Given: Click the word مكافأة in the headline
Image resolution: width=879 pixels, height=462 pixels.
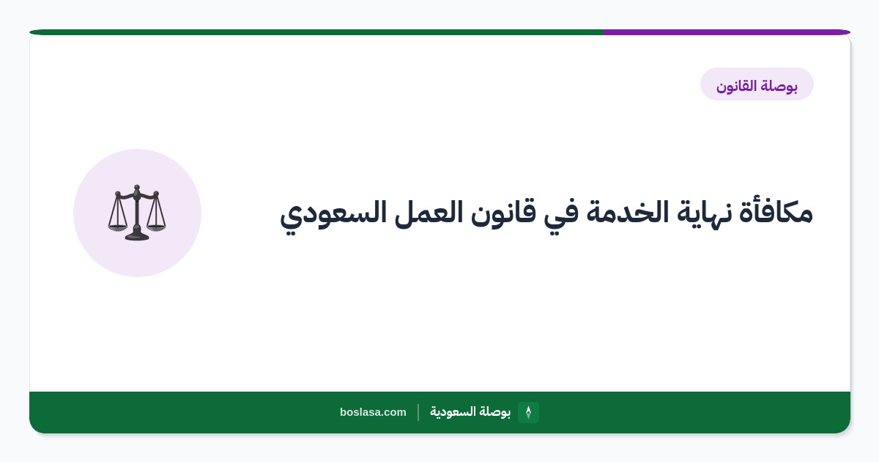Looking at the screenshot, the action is pyautogui.click(x=776, y=212).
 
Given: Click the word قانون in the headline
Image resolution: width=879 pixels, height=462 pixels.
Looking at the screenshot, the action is pyautogui.click(x=503, y=213).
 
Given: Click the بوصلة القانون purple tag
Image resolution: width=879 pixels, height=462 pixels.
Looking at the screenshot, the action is pyautogui.click(x=757, y=84).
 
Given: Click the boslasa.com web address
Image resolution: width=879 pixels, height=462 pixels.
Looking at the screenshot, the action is pyautogui.click(x=373, y=412).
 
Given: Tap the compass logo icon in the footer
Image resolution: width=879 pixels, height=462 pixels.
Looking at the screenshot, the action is pyautogui.click(x=528, y=412).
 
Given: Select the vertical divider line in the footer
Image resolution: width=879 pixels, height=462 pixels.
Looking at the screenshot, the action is pyautogui.click(x=418, y=412).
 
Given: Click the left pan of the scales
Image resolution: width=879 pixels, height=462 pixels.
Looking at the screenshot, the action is pyautogui.click(x=117, y=227).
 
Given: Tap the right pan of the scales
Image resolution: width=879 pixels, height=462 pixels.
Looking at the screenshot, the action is pyautogui.click(x=156, y=227).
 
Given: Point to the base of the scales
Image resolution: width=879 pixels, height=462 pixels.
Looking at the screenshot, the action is pyautogui.click(x=137, y=236).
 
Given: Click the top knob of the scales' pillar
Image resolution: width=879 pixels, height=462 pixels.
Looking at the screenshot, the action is pyautogui.click(x=136, y=188).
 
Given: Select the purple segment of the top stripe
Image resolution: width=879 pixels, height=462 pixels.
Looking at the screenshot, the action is pyautogui.click(x=727, y=32).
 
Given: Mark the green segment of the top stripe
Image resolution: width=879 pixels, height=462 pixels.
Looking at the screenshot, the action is pyautogui.click(x=316, y=32).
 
